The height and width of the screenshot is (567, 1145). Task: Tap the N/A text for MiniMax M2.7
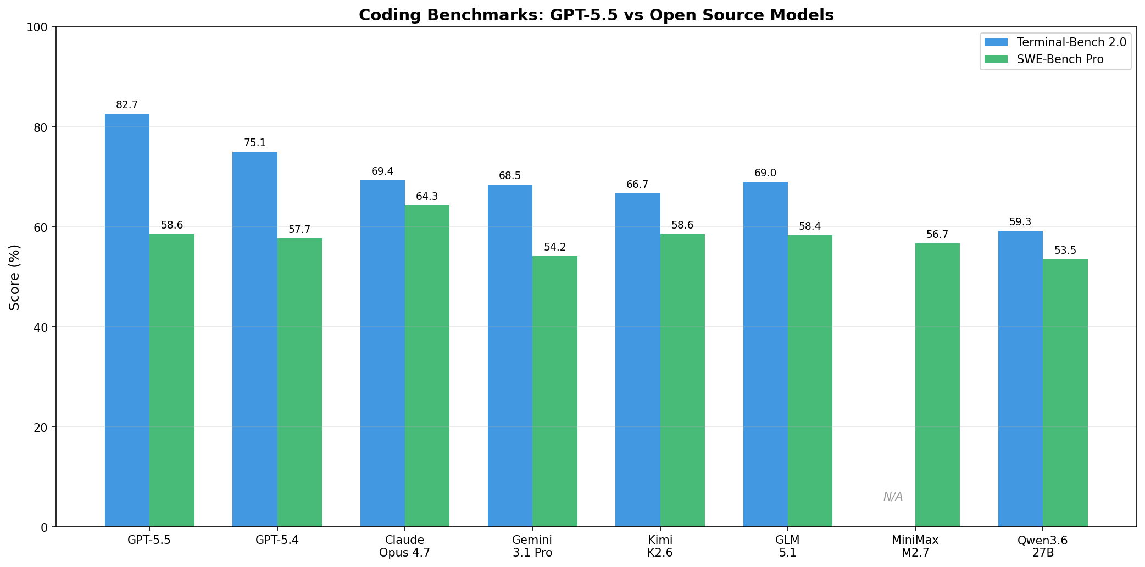(893, 497)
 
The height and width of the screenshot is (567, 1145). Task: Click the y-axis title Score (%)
(15, 277)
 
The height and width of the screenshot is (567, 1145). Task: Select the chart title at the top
(596, 15)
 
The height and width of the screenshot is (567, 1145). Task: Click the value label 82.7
(127, 105)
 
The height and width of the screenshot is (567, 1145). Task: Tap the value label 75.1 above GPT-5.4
(255, 143)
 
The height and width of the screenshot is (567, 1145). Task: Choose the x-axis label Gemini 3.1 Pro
(532, 546)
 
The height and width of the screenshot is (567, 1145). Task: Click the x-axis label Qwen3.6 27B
(1042, 546)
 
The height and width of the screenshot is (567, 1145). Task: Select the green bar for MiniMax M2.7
(937, 385)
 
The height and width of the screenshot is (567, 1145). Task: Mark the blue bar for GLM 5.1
(765, 354)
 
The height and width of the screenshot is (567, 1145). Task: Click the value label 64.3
(427, 197)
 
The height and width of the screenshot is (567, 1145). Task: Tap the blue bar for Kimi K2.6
(637, 360)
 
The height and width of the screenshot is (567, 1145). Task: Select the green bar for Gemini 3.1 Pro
(554, 391)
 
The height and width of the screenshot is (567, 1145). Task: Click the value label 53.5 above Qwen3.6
(1065, 251)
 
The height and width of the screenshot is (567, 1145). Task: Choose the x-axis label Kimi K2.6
(660, 546)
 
